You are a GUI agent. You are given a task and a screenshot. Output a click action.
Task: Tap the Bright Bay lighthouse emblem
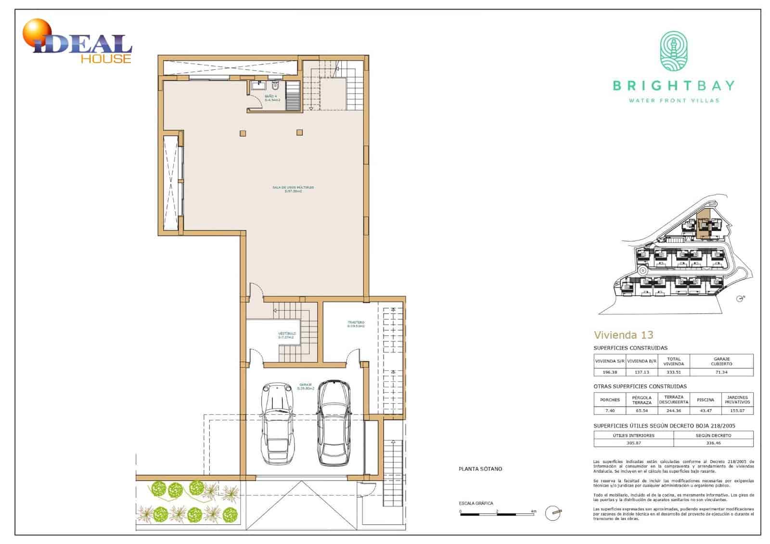(673, 51)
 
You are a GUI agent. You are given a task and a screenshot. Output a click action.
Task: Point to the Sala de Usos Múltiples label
(293, 189)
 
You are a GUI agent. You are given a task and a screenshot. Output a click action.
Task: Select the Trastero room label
(356, 324)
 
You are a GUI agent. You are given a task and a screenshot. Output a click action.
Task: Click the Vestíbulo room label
(286, 335)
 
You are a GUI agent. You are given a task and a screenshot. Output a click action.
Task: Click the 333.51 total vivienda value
(673, 372)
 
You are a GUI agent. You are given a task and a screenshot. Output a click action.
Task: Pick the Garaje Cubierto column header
(721, 361)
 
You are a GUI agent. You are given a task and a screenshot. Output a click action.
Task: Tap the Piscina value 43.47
(706, 411)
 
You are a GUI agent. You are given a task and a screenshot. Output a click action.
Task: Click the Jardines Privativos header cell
(737, 400)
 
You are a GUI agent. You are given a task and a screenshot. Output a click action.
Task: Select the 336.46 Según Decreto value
(713, 442)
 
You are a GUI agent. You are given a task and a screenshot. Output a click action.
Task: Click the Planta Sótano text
(480, 468)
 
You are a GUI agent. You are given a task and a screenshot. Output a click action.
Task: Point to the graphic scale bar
(497, 515)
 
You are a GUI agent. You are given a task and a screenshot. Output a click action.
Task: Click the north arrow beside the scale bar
(553, 513)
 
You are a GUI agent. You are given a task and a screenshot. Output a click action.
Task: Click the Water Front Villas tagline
(674, 100)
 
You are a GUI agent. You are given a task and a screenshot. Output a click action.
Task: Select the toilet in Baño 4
(275, 87)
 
